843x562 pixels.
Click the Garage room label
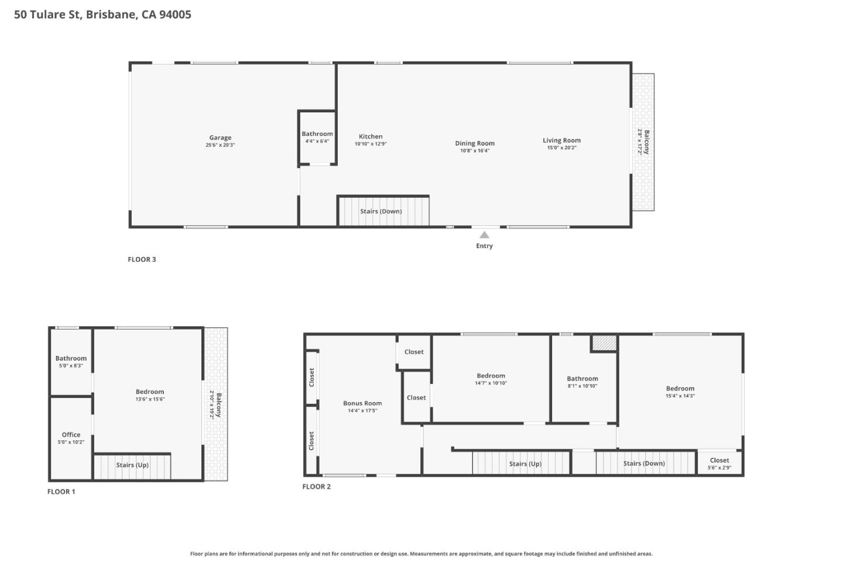(220, 138)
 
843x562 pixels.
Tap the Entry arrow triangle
(484, 235)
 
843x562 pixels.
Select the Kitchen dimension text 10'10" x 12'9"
(371, 144)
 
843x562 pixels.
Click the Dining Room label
(475, 143)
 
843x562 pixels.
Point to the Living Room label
(561, 140)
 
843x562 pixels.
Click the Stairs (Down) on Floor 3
(381, 211)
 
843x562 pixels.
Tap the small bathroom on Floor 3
(317, 137)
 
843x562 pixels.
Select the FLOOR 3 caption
(142, 259)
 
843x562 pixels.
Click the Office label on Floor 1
(71, 435)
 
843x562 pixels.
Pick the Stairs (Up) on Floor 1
(132, 465)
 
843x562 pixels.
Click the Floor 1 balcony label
(218, 405)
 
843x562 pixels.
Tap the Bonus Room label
(362, 403)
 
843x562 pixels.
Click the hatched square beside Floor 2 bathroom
(604, 342)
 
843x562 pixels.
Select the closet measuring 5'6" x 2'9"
(719, 463)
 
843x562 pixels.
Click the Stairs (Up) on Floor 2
(525, 464)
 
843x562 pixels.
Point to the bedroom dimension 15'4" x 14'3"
(680, 396)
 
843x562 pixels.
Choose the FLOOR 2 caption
(316, 486)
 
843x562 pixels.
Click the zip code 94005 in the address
(175, 15)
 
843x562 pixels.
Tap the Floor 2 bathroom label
(582, 379)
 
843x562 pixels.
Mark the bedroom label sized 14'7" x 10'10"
(491, 376)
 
